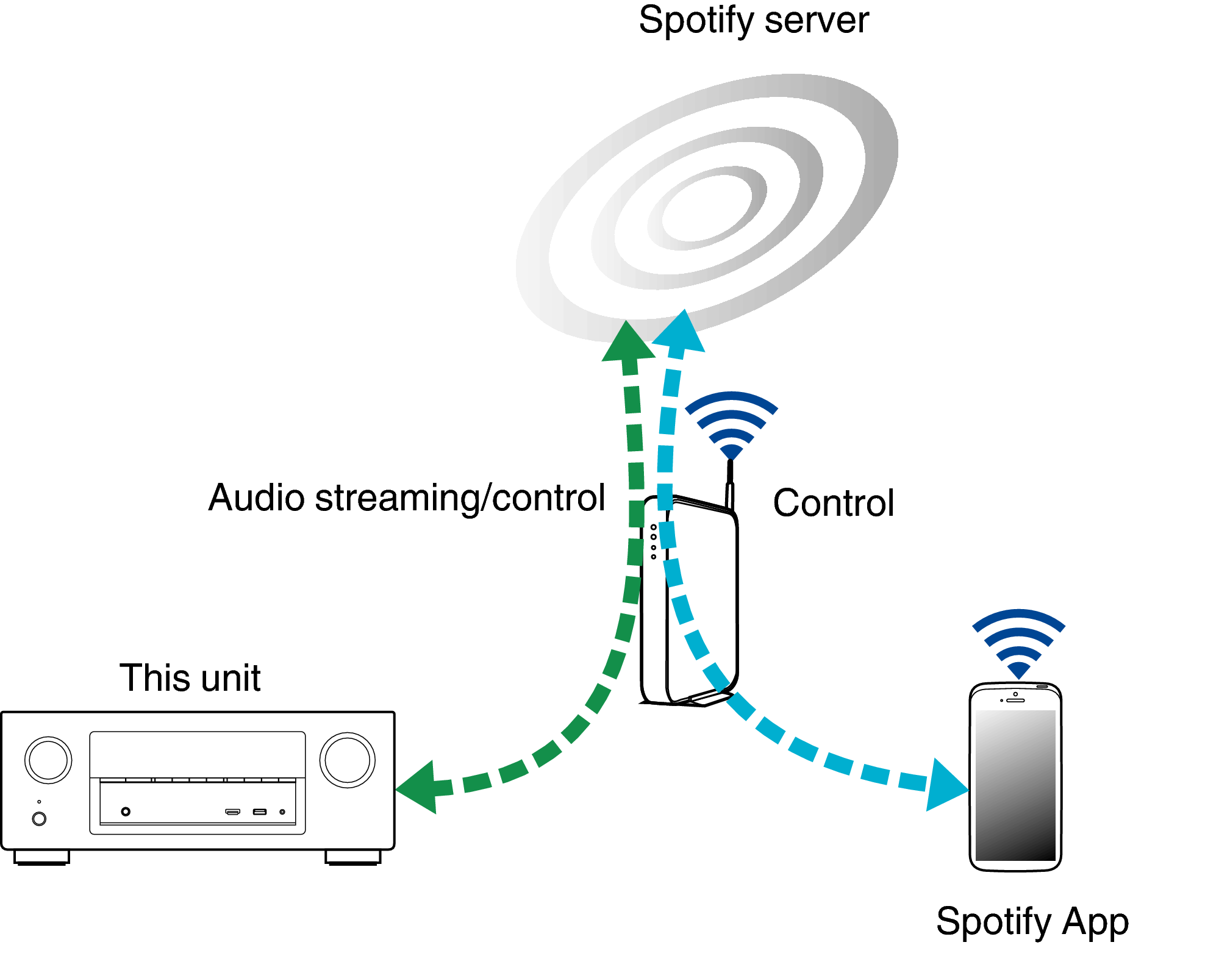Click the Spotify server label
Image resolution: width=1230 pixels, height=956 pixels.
point(753,21)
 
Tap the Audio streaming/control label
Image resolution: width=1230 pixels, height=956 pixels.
point(406,498)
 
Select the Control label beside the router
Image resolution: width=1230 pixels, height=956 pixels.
point(833,503)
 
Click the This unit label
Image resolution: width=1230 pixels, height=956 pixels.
point(190,677)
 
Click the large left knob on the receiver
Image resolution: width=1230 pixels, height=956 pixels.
point(48,760)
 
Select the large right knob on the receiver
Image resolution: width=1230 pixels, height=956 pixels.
point(348,760)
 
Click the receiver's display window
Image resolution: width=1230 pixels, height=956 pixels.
point(197,754)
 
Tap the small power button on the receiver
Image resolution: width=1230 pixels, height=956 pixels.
point(39,819)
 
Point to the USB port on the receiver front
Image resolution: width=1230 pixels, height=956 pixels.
point(260,812)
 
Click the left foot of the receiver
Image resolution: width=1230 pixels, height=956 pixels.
point(41,857)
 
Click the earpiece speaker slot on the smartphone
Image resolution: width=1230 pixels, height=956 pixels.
point(1015,701)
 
